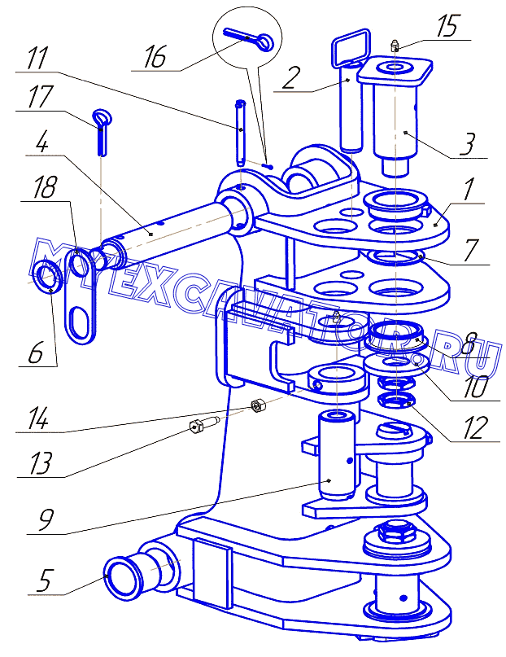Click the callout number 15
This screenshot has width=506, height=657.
click(x=447, y=26)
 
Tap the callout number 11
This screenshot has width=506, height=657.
click(x=37, y=59)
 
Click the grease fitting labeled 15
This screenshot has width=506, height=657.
click(x=395, y=45)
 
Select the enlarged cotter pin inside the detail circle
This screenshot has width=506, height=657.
click(x=249, y=40)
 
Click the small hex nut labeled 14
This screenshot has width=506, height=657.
click(x=256, y=405)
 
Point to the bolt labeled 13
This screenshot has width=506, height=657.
click(x=203, y=427)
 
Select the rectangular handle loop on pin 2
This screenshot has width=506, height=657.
click(x=351, y=46)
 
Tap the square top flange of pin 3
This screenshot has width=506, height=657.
click(x=395, y=69)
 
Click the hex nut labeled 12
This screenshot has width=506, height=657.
click(x=396, y=401)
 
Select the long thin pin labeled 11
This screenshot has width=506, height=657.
click(x=240, y=133)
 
